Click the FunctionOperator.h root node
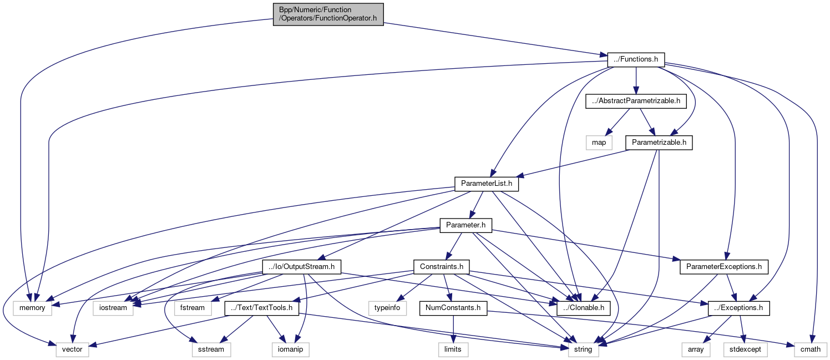(328, 14)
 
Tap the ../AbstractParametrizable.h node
(636, 101)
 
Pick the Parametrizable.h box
(659, 142)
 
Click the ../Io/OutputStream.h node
(301, 266)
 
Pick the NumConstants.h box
(453, 307)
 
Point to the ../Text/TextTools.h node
(262, 307)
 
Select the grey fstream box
(192, 307)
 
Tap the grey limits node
(454, 349)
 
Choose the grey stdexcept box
(741, 349)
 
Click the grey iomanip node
(290, 349)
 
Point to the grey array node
(696, 349)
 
